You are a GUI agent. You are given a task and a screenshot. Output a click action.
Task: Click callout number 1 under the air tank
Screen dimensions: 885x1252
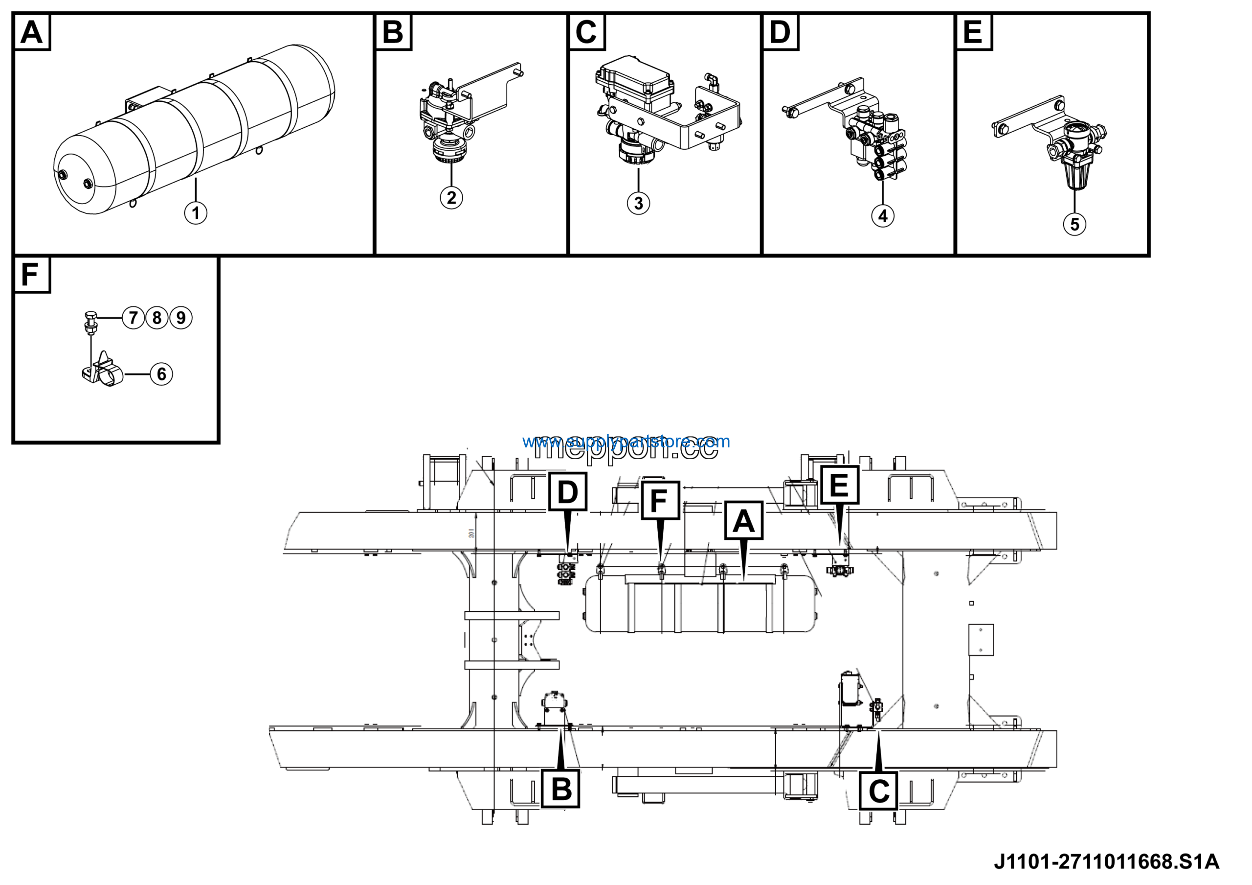point(195,213)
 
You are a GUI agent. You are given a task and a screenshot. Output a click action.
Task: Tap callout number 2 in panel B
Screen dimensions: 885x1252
point(451,198)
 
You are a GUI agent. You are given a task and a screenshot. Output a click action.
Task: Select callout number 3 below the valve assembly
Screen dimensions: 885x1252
point(638,204)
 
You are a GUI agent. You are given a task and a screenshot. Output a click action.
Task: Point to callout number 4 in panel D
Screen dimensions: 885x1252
point(882,216)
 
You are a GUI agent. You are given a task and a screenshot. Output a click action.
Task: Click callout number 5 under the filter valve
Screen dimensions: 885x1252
point(1074,224)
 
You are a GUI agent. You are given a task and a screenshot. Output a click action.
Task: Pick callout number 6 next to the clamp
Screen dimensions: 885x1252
point(161,374)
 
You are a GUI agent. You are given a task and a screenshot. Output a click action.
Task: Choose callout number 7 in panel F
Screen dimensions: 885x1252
point(133,318)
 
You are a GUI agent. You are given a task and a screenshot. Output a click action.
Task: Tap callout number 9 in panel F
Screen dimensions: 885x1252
point(181,318)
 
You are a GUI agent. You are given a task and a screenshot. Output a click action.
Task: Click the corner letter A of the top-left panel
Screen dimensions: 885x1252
point(32,32)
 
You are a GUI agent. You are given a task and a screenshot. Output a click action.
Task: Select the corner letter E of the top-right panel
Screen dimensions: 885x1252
point(973,32)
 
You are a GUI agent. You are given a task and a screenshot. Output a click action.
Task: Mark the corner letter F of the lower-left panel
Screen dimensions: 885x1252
point(30,275)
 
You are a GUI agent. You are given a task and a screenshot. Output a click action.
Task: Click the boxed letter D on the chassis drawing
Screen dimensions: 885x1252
point(567,491)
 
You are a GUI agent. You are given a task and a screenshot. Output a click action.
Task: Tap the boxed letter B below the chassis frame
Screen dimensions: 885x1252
point(561,789)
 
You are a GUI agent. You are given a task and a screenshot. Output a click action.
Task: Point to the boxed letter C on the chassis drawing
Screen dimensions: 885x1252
point(878,791)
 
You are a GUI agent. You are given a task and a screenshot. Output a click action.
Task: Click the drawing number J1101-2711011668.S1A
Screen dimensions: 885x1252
point(1106,862)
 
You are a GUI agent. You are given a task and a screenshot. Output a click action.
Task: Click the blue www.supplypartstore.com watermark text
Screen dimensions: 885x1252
point(626,441)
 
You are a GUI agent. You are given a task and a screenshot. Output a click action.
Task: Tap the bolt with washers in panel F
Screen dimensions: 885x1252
point(90,322)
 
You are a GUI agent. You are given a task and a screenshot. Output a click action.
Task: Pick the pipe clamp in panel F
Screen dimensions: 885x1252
point(104,372)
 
